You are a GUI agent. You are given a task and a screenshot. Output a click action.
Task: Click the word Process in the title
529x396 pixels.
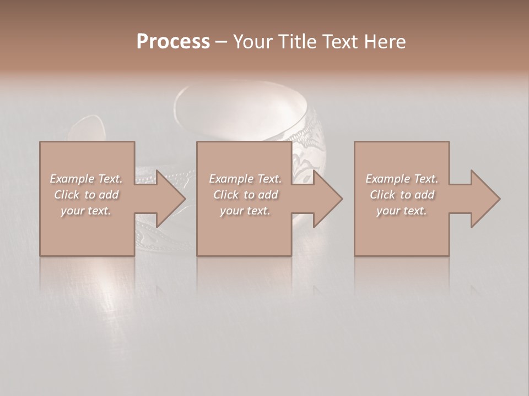click(173, 42)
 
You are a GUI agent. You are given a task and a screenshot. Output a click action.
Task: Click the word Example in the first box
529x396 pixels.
click(72, 179)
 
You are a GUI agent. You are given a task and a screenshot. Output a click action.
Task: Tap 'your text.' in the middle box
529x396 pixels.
click(245, 211)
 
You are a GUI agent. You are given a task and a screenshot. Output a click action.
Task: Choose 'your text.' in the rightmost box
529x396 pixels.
click(401, 211)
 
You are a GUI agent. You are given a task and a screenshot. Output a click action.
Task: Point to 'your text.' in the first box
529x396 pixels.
click(85, 211)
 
